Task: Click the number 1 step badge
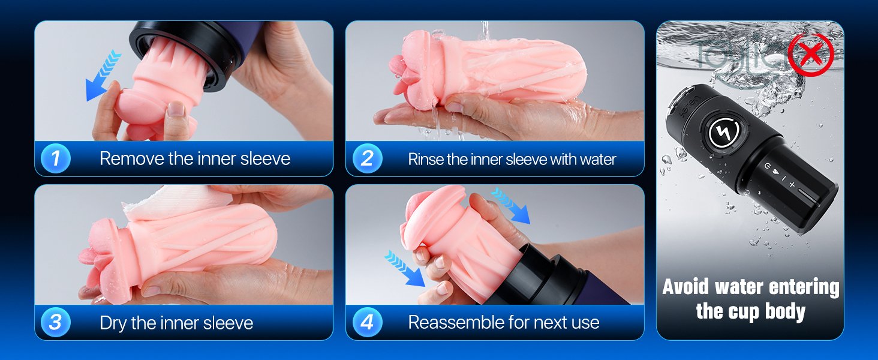click(56, 158)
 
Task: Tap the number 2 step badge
click(367, 158)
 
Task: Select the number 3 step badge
click(56, 322)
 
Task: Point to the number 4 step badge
click(367, 322)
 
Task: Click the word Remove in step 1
click(132, 159)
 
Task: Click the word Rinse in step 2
click(425, 159)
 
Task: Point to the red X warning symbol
click(811, 55)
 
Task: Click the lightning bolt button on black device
click(724, 132)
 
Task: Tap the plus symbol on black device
click(792, 184)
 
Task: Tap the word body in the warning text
click(785, 312)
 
